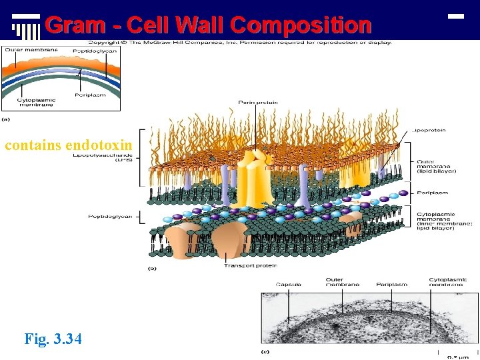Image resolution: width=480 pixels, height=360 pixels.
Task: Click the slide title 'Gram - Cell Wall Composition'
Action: [x=208, y=25]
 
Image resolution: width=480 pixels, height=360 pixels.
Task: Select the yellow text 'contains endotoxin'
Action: [x=69, y=145]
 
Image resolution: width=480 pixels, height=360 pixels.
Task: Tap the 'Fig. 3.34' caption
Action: [x=53, y=339]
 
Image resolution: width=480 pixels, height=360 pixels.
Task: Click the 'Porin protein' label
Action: [x=257, y=103]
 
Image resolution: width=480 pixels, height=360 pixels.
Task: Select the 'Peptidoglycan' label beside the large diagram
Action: [x=110, y=216]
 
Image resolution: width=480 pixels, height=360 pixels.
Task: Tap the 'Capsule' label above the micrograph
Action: [x=288, y=284]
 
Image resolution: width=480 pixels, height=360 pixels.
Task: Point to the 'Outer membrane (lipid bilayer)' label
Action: [x=437, y=166]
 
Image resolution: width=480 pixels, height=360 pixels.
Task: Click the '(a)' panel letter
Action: [x=7, y=120]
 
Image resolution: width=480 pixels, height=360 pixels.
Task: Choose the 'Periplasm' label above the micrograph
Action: [x=391, y=284]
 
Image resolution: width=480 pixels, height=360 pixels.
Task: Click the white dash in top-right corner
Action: [x=456, y=15]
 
